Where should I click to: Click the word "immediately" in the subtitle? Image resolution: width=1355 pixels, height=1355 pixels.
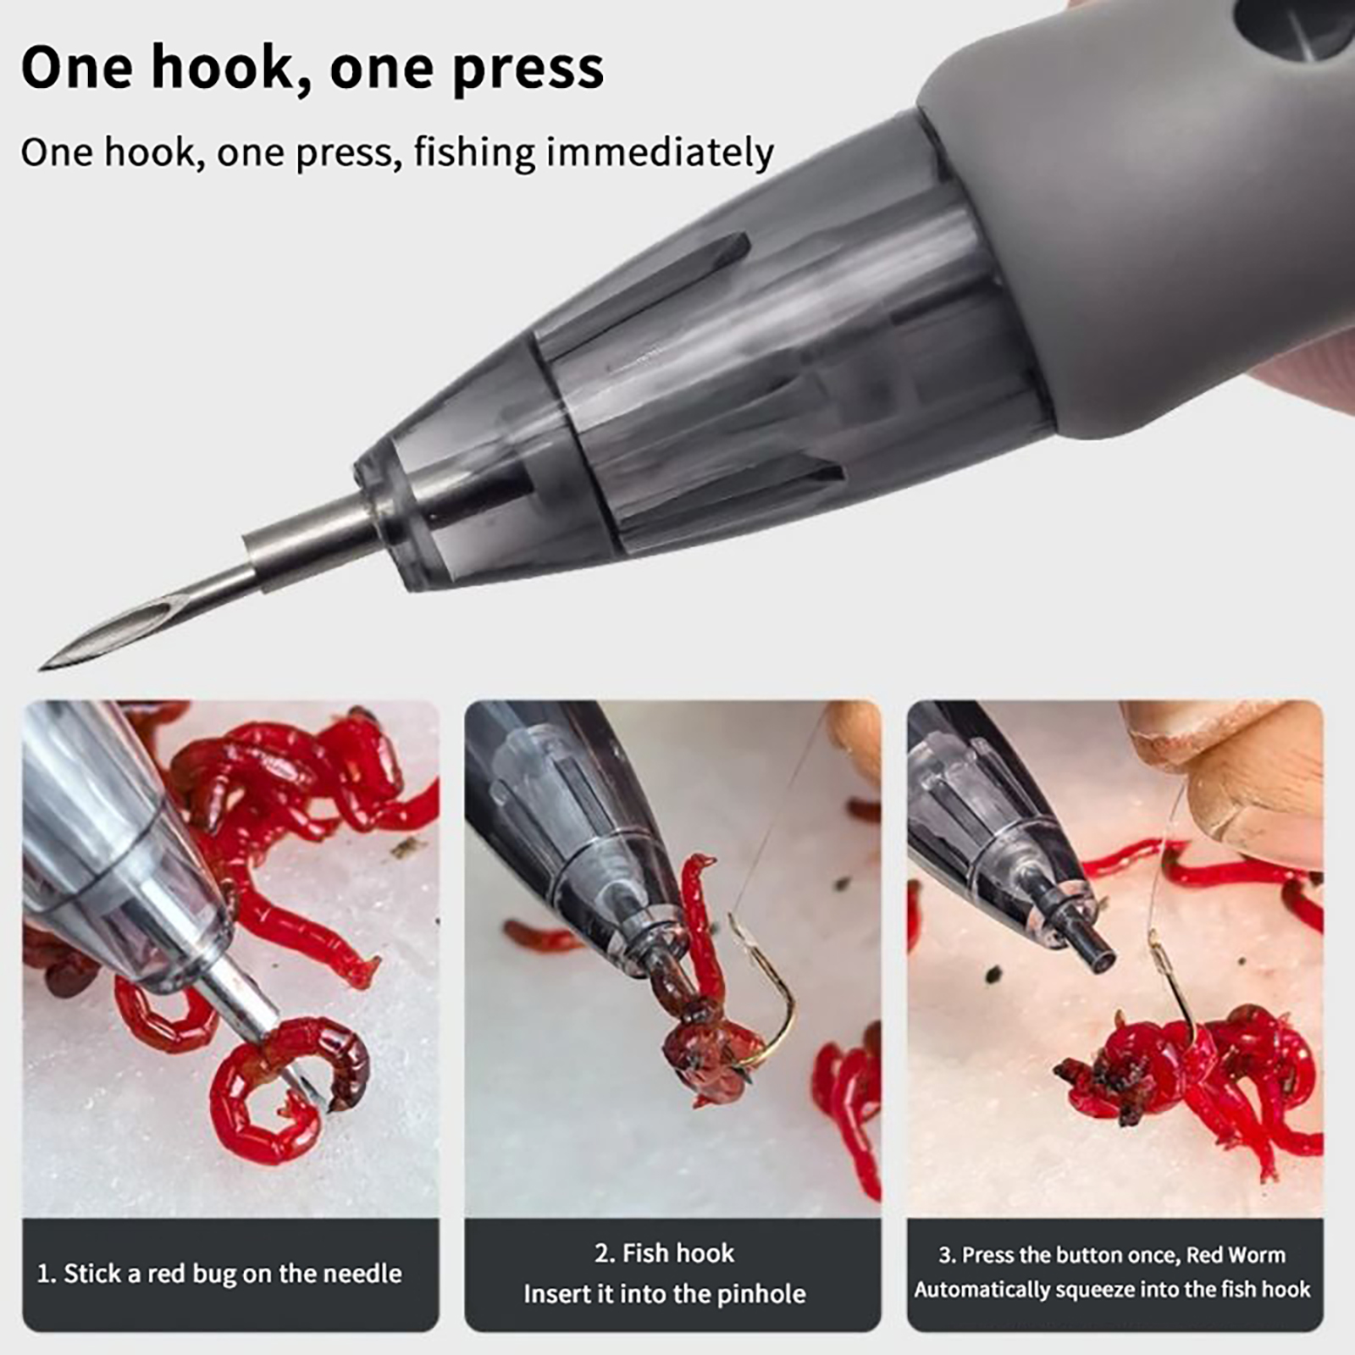tap(660, 152)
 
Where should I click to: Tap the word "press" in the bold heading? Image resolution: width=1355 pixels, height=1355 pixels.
tap(528, 68)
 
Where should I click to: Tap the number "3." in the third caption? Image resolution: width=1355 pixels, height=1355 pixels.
tap(946, 1254)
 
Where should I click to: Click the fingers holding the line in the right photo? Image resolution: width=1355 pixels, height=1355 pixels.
tap(1245, 779)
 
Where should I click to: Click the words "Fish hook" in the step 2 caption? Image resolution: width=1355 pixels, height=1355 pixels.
tap(678, 1253)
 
